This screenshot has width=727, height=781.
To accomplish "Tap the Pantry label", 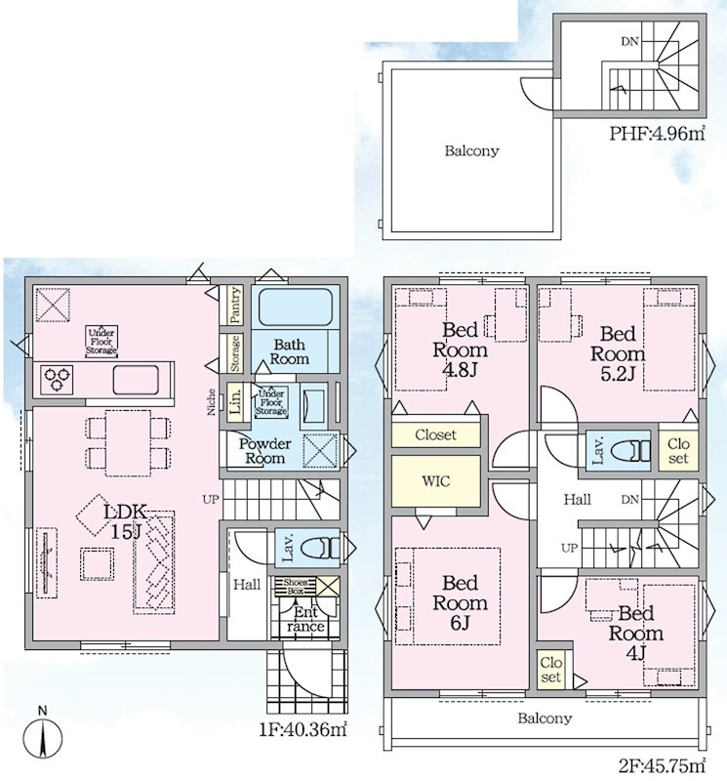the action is [235, 305].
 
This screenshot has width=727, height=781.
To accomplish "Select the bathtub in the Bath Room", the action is [296, 308].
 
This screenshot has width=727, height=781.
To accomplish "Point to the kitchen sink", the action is [136, 380].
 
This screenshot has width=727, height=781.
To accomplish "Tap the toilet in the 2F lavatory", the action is [629, 452].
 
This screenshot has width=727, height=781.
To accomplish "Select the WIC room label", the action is [435, 481].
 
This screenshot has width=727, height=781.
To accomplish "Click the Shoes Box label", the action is [296, 587].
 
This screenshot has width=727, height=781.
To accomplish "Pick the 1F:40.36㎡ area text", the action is [303, 729].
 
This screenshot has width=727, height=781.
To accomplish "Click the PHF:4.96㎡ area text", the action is [658, 134].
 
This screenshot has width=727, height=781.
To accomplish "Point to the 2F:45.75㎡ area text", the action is [662, 764].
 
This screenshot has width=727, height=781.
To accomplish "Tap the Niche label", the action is [211, 402].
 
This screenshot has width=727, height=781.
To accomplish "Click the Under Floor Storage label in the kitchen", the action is [101, 342].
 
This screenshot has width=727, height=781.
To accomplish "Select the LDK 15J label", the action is [126, 521].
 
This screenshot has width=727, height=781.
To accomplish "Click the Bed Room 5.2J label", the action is [618, 353].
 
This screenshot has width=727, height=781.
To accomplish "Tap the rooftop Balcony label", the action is [471, 151].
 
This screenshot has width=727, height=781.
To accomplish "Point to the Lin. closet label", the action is [236, 402].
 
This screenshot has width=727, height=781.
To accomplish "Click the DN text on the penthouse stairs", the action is [629, 42].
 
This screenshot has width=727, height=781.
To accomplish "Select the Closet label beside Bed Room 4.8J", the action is [435, 434].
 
